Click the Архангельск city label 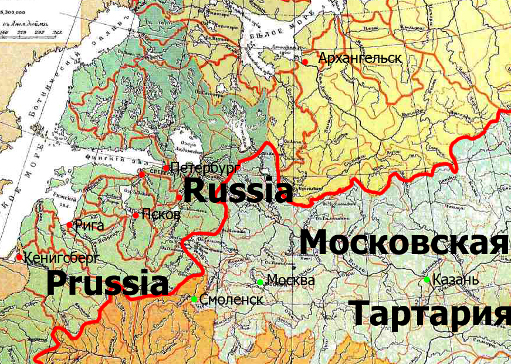pos(360,58)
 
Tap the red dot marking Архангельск pos(305,61)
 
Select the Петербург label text pos(205,168)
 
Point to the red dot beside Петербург pos(167,168)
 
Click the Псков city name pos(161,215)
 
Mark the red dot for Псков pos(136,215)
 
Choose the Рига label pos(90,225)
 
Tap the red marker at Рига pos(70,225)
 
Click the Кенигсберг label pos(62,257)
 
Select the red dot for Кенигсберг pos(19,257)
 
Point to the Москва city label pos(290,280)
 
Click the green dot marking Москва pos(260,282)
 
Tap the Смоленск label pos(231,299)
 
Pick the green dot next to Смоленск pos(194,299)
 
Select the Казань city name pos(455,280)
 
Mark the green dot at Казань pos(427,280)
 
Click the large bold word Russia pos(238,191)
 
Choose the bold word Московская pos(404,242)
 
